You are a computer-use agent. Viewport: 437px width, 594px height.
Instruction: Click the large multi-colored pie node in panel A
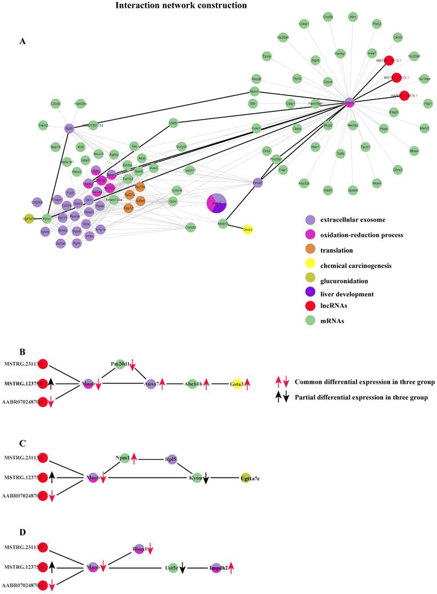[x=217, y=203]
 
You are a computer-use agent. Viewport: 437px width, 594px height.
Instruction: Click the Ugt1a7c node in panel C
[x=246, y=477]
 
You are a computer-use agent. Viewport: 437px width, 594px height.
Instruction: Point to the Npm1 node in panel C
[x=121, y=458]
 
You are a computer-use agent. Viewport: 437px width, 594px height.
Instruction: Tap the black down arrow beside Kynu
[x=206, y=478]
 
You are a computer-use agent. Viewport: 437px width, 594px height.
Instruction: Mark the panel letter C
[x=22, y=442]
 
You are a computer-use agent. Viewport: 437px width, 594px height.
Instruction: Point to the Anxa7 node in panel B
[x=150, y=384]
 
